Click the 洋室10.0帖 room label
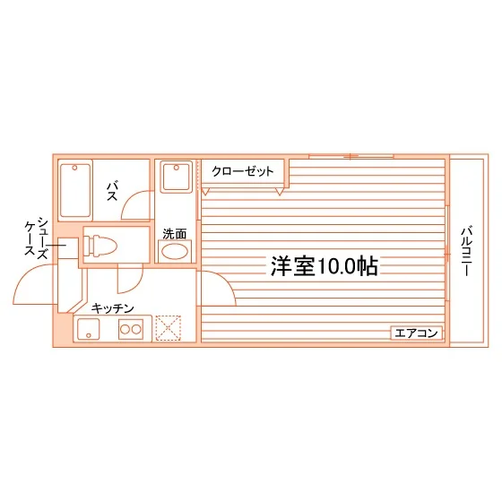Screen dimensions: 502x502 point(325,266)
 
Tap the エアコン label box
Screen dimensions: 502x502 point(416,333)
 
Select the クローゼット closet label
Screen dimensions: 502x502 point(242,171)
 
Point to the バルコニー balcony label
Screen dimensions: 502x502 point(466,251)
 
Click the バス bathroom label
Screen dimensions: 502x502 point(112,191)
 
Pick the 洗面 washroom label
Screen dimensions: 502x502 point(175,234)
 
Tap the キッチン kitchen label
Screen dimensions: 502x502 point(112,308)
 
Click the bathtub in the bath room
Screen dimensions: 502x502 point(75,190)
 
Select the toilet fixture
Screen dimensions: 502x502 point(100,246)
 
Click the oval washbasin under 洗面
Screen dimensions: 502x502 point(175,251)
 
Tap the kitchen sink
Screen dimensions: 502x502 point(89,329)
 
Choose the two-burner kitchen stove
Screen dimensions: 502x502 point(131,329)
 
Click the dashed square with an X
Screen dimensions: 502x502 point(169,328)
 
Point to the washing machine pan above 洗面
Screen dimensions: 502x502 point(176,177)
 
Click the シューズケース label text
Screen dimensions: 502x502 point(37,238)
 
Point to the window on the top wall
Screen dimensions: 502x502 point(351,157)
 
